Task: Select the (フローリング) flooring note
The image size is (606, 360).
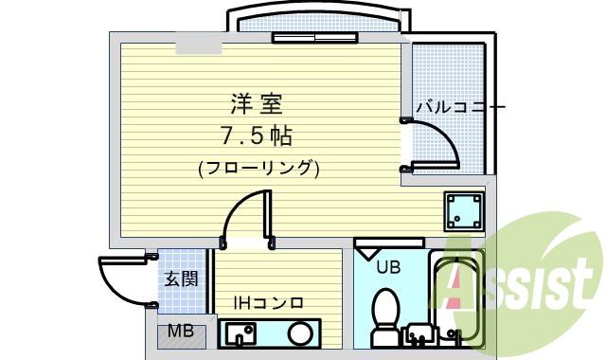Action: pyautogui.click(x=258, y=169)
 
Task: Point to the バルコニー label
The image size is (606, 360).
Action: pyautogui.click(x=460, y=106)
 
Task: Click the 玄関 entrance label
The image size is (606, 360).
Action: pyautogui.click(x=181, y=279)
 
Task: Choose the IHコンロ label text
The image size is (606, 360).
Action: pyautogui.click(x=269, y=303)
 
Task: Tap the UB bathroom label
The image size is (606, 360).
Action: pyautogui.click(x=388, y=267)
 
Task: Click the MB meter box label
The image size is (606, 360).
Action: pyautogui.click(x=180, y=332)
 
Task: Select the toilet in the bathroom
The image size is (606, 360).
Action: pyautogui.click(x=385, y=313)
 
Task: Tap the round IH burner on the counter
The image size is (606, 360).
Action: pyautogui.click(x=301, y=333)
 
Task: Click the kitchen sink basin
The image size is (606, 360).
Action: pyautogui.click(x=240, y=333)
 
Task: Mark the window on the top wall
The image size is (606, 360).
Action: pyautogui.click(x=315, y=39)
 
